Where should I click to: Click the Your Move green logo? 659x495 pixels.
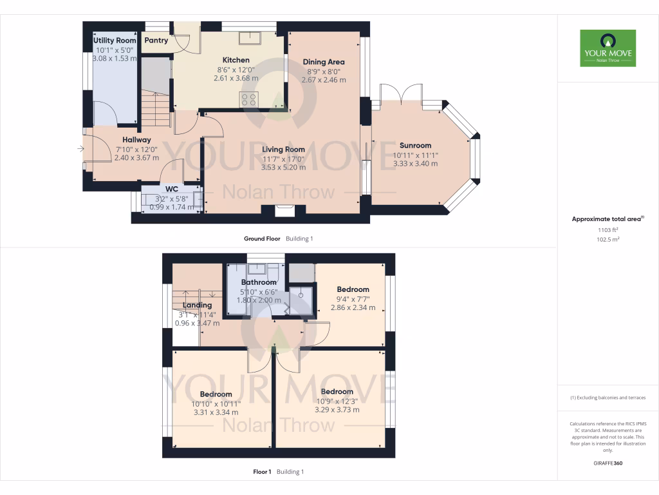tap(608, 48)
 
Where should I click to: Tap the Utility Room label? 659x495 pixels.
tap(115, 41)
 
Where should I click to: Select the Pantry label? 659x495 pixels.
tap(156, 41)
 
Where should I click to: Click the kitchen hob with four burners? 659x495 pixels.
tap(248, 99)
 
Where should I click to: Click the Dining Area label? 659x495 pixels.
tap(324, 63)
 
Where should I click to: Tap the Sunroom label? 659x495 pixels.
tap(415, 146)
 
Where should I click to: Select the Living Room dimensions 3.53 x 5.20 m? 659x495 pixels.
tap(283, 167)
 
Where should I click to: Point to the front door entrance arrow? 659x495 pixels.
tap(80, 150)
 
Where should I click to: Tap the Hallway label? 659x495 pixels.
tap(136, 140)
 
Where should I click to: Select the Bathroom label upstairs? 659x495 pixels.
tap(259, 282)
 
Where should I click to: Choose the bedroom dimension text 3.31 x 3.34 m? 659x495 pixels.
tap(216, 412)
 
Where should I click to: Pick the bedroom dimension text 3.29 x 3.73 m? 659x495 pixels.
tap(337, 409)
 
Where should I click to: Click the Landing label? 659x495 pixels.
tap(197, 306)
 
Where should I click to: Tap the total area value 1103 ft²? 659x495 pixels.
tap(608, 229)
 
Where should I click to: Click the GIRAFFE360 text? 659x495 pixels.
tap(608, 463)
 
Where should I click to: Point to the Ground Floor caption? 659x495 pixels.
tap(262, 238)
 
